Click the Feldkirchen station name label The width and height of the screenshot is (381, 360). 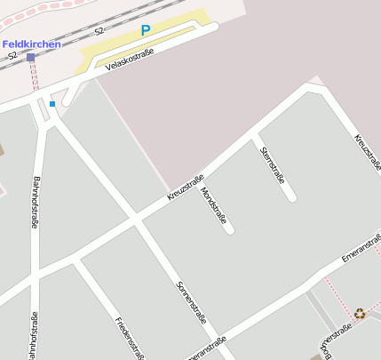(x=31, y=44)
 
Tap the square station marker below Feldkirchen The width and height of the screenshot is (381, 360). (x=31, y=57)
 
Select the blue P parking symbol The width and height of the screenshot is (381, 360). (x=146, y=30)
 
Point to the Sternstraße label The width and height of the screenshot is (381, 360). (x=272, y=164)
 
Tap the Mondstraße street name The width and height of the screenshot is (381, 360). (x=215, y=205)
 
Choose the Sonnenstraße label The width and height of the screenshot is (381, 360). (x=192, y=302)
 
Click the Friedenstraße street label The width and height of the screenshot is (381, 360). (x=130, y=338)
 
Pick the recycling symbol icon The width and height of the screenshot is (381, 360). (x=359, y=313)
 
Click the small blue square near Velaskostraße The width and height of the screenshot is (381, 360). (x=52, y=104)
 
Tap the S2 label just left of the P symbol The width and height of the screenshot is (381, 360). (x=99, y=31)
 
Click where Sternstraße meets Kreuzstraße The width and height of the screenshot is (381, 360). (x=254, y=136)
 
